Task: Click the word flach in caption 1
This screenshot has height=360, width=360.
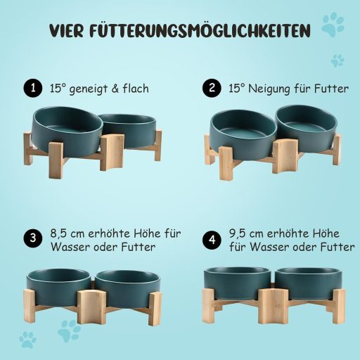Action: tap(134, 89)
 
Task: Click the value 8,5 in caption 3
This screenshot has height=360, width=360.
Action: tap(61, 233)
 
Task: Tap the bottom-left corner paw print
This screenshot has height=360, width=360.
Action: tap(27, 339)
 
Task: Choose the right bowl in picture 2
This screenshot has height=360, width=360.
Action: tap(307, 124)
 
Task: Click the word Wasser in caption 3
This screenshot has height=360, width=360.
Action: tap(69, 247)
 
